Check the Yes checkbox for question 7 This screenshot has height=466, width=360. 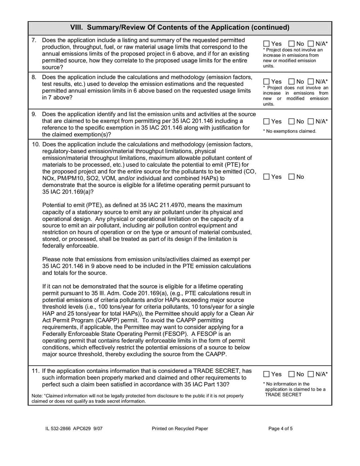point(266,43)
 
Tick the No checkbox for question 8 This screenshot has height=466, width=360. point(291,81)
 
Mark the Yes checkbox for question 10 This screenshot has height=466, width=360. point(266,177)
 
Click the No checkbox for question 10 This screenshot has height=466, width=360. point(291,177)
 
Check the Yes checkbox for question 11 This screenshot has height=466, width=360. point(266,374)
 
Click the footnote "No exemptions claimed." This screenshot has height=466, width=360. point(289,131)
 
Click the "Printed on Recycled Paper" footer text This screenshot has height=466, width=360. point(180,429)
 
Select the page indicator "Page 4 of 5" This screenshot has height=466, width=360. point(280,429)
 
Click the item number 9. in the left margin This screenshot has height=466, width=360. point(34,114)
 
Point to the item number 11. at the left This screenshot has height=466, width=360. point(36,371)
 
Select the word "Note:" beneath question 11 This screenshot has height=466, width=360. point(38,396)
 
